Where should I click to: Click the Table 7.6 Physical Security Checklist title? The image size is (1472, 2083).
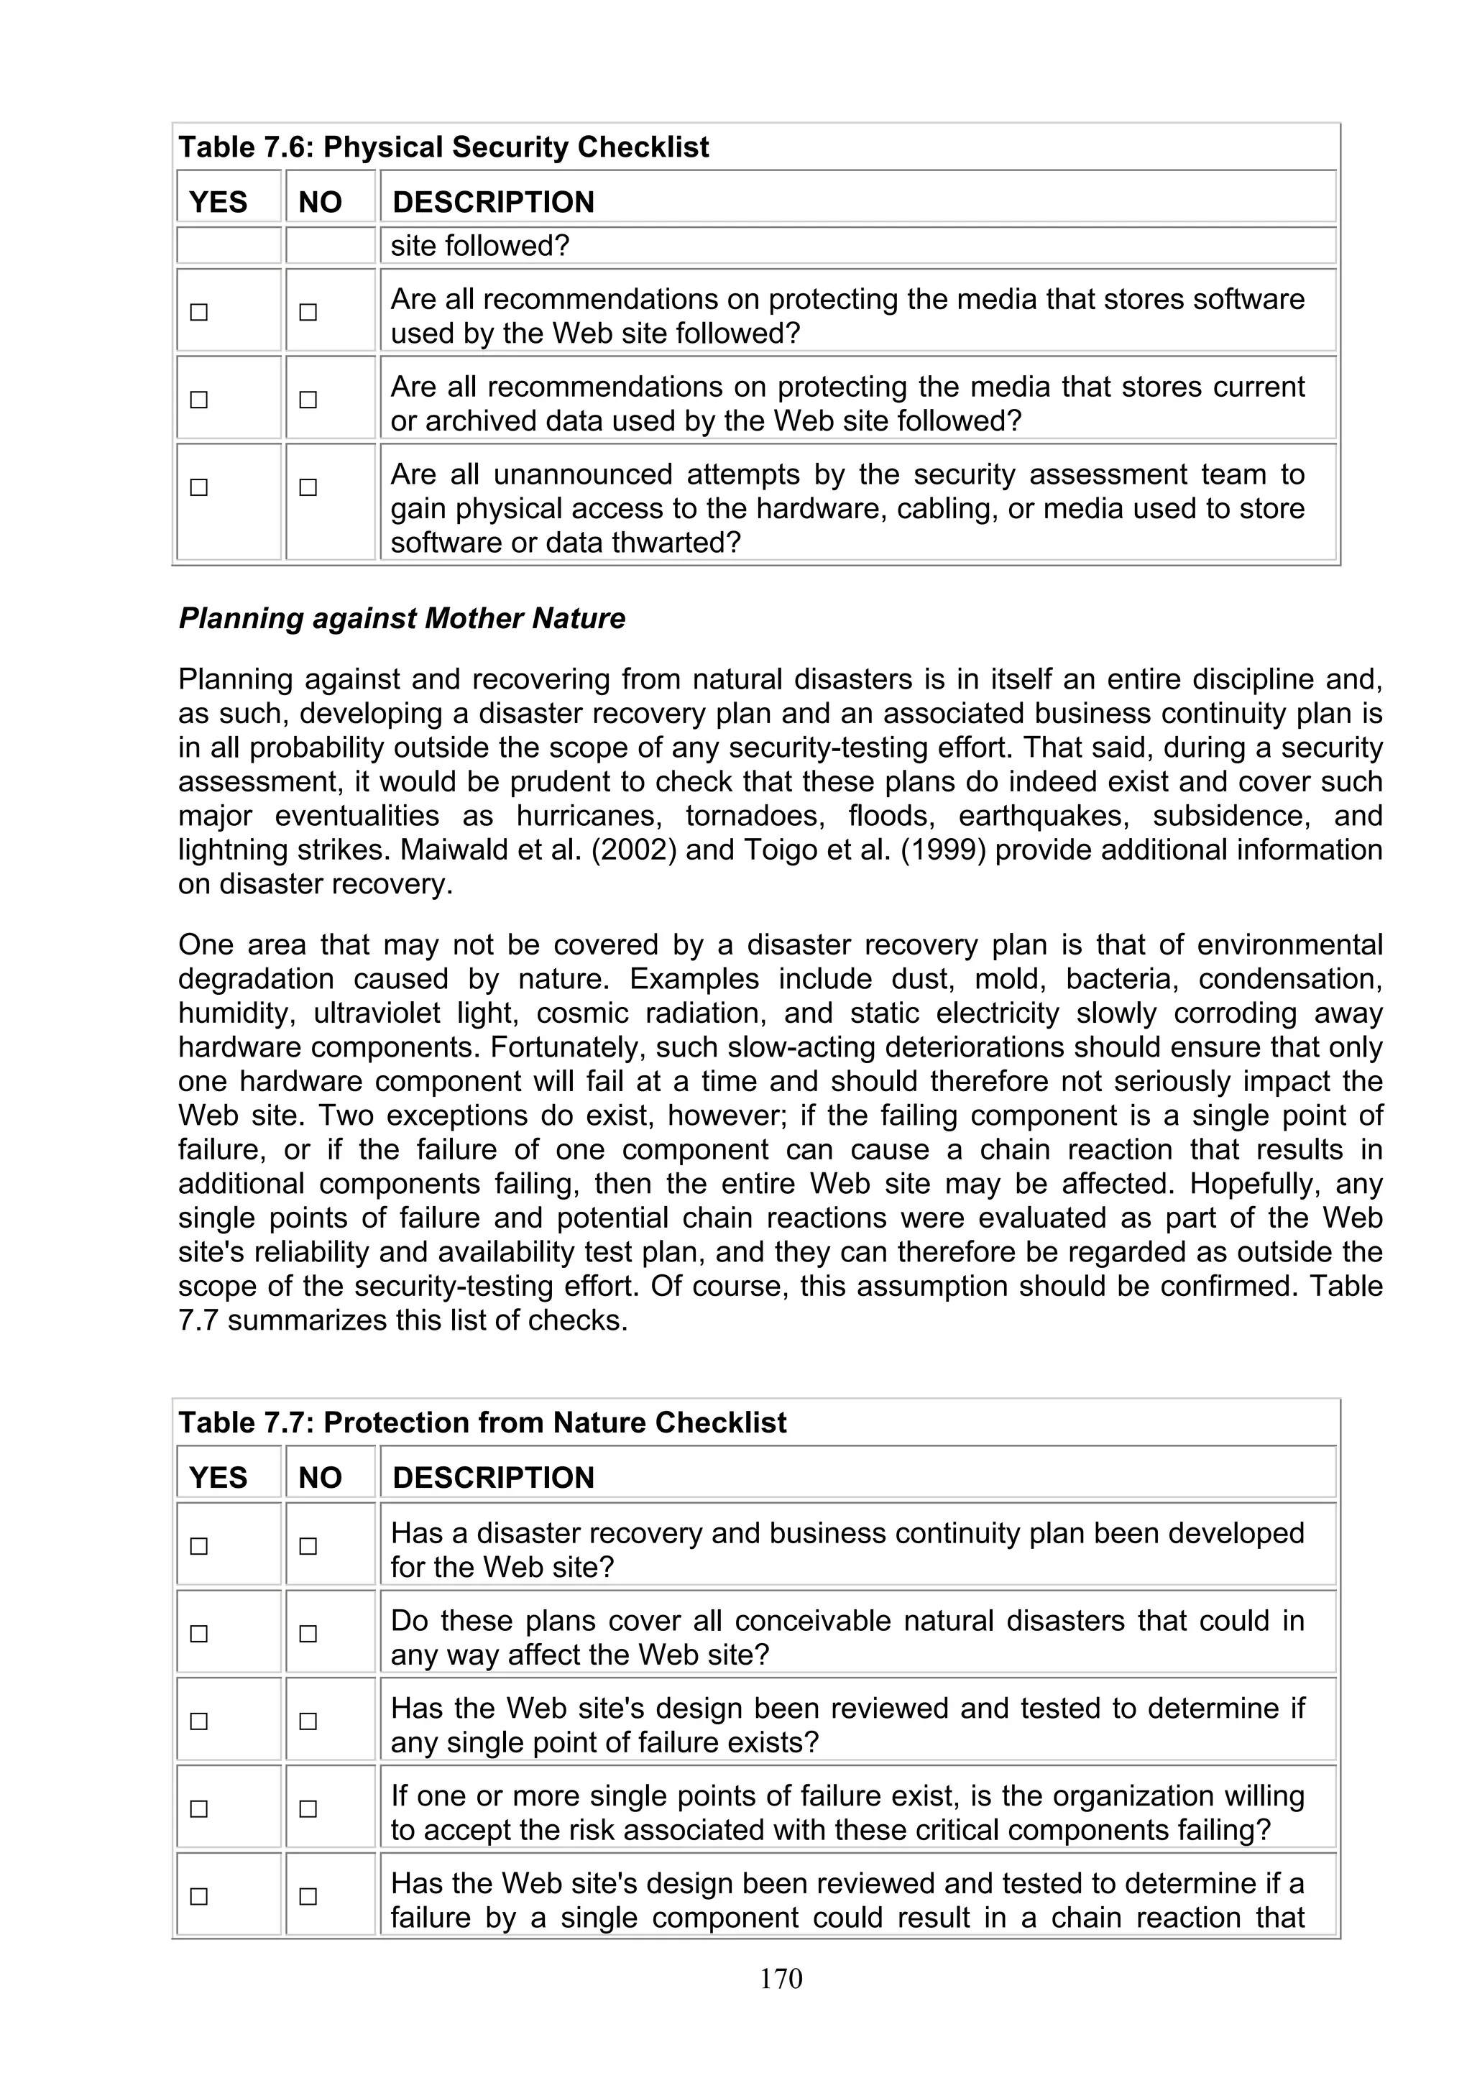coord(443,147)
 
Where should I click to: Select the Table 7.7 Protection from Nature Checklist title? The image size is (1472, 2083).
coord(482,1422)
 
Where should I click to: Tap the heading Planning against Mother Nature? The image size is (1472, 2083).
coord(402,619)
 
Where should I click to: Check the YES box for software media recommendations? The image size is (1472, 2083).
coord(198,312)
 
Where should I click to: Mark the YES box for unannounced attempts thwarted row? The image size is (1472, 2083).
coord(198,487)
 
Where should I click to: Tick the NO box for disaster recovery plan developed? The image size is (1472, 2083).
coord(308,1546)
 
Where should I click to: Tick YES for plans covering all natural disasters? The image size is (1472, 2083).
coord(198,1634)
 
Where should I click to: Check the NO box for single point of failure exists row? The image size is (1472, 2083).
coord(308,1721)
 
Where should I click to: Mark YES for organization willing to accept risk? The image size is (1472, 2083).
coord(198,1809)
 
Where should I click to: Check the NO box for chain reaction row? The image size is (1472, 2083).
coord(308,1896)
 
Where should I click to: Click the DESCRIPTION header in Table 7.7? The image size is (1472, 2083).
coord(493,1478)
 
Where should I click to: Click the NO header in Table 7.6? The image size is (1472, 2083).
coord(320,202)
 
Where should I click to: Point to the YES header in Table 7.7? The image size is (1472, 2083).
coord(218,1478)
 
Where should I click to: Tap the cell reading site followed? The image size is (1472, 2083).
coord(480,246)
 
